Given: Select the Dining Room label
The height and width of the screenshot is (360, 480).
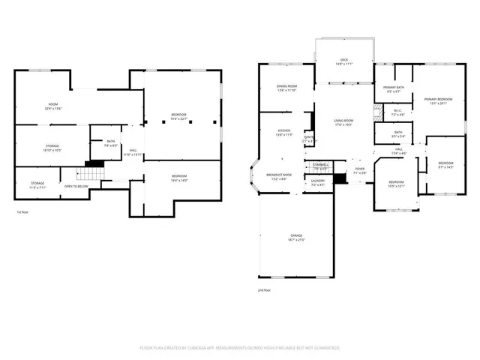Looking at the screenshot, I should (286, 88).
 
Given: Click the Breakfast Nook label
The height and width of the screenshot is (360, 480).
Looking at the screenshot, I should (279, 176).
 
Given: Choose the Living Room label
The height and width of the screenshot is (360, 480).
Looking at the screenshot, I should (343, 122).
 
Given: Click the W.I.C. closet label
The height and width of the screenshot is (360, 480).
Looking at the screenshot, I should (398, 113).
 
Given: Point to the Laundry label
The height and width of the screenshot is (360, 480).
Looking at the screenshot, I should (318, 182).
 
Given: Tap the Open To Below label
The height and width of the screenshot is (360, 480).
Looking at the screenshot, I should (77, 186).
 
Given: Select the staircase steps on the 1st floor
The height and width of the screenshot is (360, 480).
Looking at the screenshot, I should (90, 175).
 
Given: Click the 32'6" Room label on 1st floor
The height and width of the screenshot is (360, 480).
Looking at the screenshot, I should (52, 106).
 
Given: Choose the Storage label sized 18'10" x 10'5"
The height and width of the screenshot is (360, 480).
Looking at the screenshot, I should (52, 148).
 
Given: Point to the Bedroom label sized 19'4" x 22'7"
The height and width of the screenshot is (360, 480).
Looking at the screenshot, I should (178, 116).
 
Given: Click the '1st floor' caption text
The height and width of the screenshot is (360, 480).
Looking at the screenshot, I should (23, 212).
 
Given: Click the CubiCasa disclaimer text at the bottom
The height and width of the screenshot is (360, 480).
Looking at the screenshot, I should (239, 348).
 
